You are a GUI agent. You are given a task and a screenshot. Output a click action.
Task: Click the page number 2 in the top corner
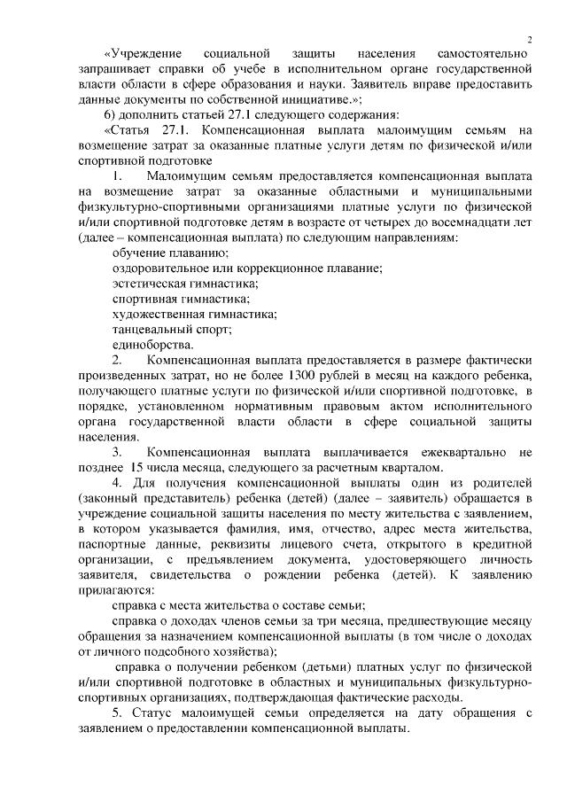coord(529,38)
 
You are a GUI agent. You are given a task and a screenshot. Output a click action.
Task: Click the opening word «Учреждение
coord(143,55)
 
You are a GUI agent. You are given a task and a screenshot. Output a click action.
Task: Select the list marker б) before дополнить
coord(109,119)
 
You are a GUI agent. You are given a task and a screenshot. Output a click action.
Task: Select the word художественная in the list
coord(156,315)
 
